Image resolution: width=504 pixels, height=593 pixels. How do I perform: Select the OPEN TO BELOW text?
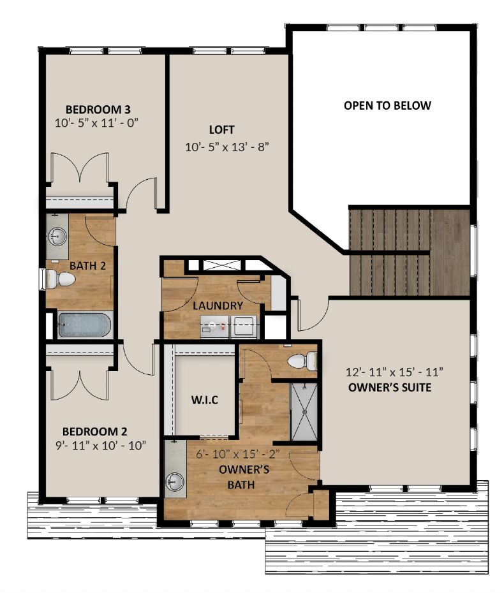click(387, 105)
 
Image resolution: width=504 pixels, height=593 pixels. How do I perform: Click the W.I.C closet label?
click(205, 401)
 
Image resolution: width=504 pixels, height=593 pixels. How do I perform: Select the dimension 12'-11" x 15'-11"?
click(394, 371)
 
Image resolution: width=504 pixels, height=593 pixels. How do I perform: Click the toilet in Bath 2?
click(57, 279)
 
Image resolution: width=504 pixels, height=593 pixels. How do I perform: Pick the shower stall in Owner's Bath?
click(304, 411)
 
